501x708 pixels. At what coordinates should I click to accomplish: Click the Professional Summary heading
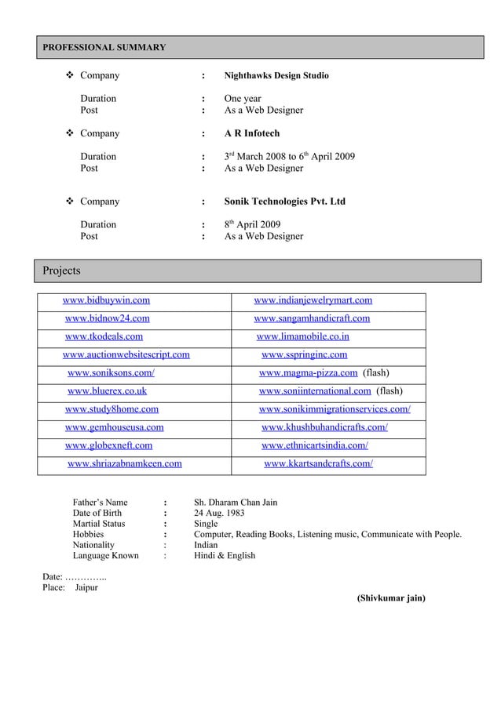104,48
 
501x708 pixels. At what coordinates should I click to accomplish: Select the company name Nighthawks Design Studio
276,76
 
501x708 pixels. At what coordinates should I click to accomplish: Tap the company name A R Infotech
251,134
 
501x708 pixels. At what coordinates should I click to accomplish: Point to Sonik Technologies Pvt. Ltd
284,202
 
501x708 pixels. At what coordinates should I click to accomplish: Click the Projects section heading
61,270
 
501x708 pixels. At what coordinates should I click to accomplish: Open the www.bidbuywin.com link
107,300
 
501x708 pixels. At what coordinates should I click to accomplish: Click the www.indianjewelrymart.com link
313,300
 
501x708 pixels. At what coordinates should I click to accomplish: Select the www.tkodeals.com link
104,336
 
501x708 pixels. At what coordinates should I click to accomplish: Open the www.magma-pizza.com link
309,372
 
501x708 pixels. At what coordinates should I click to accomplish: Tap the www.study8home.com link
112,408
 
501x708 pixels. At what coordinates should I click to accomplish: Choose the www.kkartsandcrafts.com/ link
318,463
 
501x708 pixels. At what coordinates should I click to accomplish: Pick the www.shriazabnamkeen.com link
125,463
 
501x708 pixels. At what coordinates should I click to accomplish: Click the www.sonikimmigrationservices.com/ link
335,408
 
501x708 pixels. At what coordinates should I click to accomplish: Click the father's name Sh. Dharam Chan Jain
235,502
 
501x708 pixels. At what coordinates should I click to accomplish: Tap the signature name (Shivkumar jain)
391,597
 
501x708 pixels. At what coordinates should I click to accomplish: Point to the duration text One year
243,99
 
